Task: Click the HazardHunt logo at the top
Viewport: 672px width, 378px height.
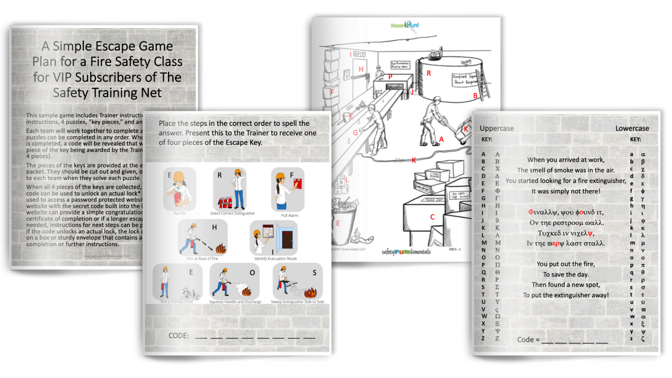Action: coord(405,25)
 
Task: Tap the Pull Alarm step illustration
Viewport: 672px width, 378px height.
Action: coord(288,189)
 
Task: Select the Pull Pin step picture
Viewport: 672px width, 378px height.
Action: coord(180,189)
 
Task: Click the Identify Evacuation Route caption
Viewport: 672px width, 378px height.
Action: coord(275,259)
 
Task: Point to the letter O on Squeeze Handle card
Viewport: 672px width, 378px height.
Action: coord(252,273)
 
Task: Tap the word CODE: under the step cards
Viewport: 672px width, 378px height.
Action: coord(178,336)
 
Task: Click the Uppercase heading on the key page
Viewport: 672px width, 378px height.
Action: coord(497,128)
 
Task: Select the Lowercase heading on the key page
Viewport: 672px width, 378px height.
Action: coord(632,128)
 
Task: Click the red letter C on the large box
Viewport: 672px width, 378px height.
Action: coord(432,217)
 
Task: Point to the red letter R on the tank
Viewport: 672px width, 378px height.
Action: coord(428,73)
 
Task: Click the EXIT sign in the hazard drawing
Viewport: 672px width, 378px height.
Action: coord(359,54)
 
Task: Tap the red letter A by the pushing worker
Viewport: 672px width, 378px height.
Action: coord(441,139)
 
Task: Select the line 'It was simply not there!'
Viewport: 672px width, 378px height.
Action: coord(566,191)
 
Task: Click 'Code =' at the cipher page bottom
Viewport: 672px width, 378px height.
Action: coord(528,339)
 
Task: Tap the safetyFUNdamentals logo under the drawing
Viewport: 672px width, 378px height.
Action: coord(406,252)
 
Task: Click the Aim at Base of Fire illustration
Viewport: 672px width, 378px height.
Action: coord(202,239)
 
